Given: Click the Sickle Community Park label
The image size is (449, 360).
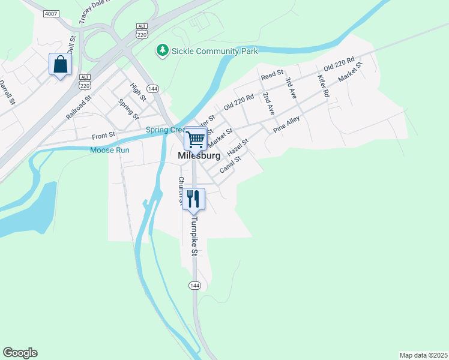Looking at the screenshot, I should (215, 51).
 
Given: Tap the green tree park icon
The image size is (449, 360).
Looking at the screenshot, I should (162, 51).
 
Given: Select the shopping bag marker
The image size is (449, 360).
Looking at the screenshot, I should (60, 64).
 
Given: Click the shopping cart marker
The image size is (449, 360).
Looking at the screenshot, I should (195, 139).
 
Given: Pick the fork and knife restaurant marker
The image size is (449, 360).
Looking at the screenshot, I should (193, 199).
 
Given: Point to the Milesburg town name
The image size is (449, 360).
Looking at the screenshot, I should (199, 155).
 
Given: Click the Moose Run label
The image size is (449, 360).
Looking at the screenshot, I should (110, 150).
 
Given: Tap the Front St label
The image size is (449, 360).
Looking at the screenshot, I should (103, 136).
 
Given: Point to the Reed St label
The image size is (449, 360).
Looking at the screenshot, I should (272, 74).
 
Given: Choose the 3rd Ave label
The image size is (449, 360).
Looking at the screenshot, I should (292, 88).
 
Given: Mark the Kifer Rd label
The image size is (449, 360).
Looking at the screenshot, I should (323, 86).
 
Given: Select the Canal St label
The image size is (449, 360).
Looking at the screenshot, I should (230, 164).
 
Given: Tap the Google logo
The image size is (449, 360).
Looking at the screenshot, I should (20, 353).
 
